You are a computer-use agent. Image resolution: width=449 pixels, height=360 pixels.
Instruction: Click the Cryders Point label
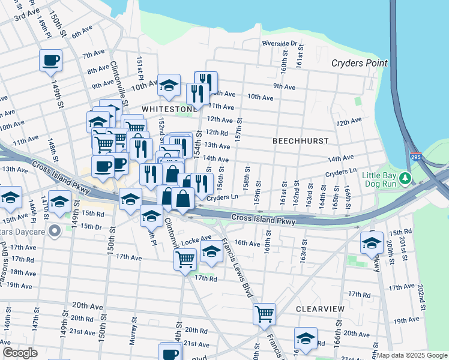pos(360,63)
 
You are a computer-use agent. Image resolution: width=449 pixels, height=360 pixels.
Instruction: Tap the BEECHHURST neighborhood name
pos(301,140)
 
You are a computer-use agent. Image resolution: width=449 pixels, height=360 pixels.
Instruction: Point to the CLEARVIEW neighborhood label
pos(320,308)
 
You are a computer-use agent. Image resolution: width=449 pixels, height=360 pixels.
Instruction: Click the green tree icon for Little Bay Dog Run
pos(406,178)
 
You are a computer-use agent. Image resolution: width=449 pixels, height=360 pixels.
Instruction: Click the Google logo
pos(20,353)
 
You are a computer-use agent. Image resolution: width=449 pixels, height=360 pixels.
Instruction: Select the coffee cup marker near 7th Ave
pos(50,60)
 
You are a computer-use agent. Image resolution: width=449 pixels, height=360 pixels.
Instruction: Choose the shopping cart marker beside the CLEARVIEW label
pos(264,313)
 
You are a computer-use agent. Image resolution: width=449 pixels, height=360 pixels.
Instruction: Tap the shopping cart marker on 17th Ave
pos(185,259)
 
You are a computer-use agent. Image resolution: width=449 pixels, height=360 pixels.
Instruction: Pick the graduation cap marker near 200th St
pos(372,242)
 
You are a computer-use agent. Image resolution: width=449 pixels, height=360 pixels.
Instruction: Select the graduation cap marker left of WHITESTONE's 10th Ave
pos(169,85)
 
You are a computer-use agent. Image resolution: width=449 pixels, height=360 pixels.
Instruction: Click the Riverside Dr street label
pos(280,43)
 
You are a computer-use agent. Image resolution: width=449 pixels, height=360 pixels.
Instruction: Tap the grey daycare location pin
pos(55,230)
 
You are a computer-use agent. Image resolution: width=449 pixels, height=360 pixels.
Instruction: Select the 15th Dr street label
pos(91,226)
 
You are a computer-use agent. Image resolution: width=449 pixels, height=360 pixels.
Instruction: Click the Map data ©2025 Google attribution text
pos(412,355)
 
